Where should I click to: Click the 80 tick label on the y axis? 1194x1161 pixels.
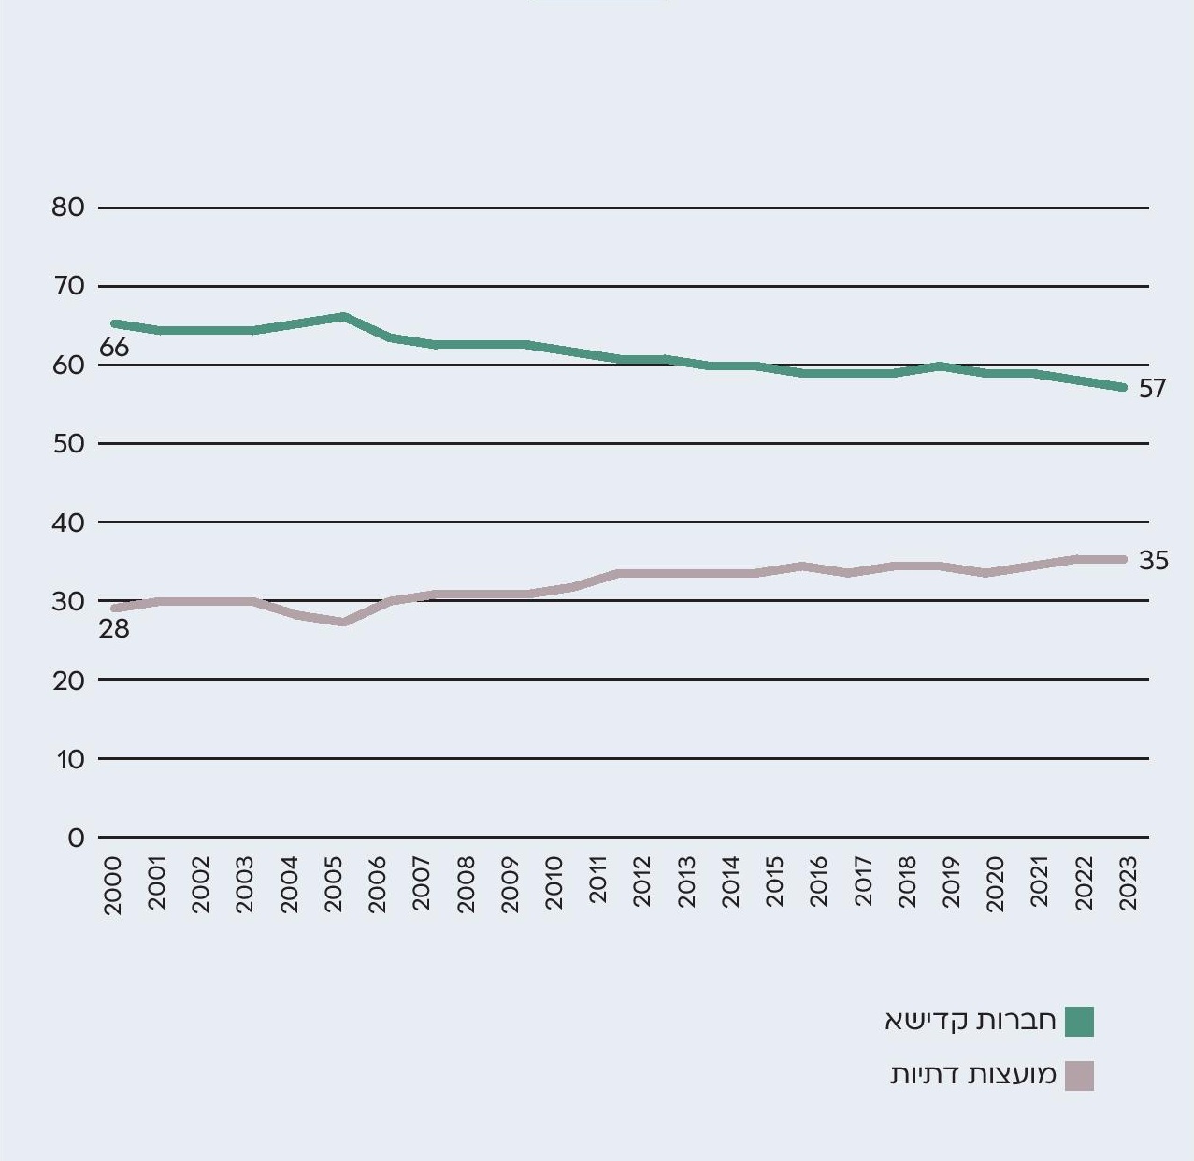click(x=68, y=208)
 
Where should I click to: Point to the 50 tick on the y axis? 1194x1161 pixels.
click(x=68, y=444)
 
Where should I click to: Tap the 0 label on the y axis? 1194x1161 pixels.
click(x=76, y=838)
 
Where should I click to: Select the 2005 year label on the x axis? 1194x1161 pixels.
click(x=334, y=881)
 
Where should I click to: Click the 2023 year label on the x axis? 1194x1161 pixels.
click(x=1128, y=881)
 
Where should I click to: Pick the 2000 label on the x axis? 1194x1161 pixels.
click(x=113, y=881)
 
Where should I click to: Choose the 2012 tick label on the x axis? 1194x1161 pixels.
click(x=642, y=881)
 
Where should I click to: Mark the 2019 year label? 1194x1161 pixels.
click(x=951, y=881)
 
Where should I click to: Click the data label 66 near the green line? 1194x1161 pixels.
click(x=114, y=349)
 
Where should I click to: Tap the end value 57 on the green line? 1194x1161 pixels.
click(x=1153, y=389)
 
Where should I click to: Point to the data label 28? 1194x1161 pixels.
click(x=114, y=629)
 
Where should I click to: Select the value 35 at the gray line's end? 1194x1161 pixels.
click(x=1154, y=561)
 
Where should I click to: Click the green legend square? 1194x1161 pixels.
click(x=1079, y=1022)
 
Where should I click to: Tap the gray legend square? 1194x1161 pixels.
click(x=1079, y=1076)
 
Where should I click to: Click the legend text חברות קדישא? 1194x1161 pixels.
click(x=971, y=1021)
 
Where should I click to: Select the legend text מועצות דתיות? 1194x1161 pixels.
click(x=973, y=1075)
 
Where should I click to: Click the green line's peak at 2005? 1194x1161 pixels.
click(x=343, y=317)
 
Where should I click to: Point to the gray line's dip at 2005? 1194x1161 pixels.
click(x=343, y=622)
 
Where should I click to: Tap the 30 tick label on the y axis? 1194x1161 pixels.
click(x=68, y=601)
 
